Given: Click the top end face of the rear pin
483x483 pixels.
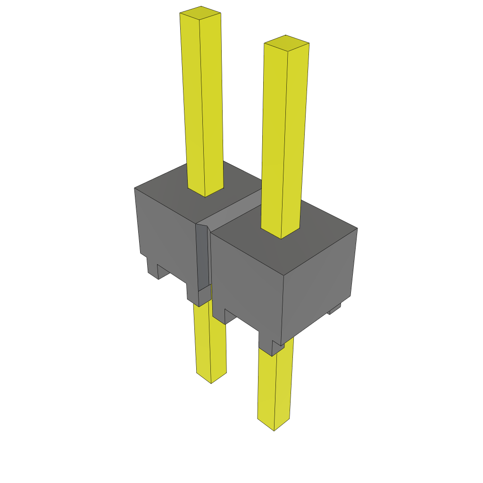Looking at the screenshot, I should pyautogui.click(x=200, y=13).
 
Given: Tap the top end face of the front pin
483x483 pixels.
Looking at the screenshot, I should pyautogui.click(x=286, y=42).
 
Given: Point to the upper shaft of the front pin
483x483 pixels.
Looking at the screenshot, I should pyautogui.click(x=282, y=142).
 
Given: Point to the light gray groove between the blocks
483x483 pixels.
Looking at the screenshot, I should pyautogui.click(x=231, y=212).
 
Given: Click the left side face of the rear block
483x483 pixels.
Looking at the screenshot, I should pyautogui.click(x=165, y=231).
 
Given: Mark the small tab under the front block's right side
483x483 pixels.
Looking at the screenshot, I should pyautogui.click(x=334, y=309).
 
